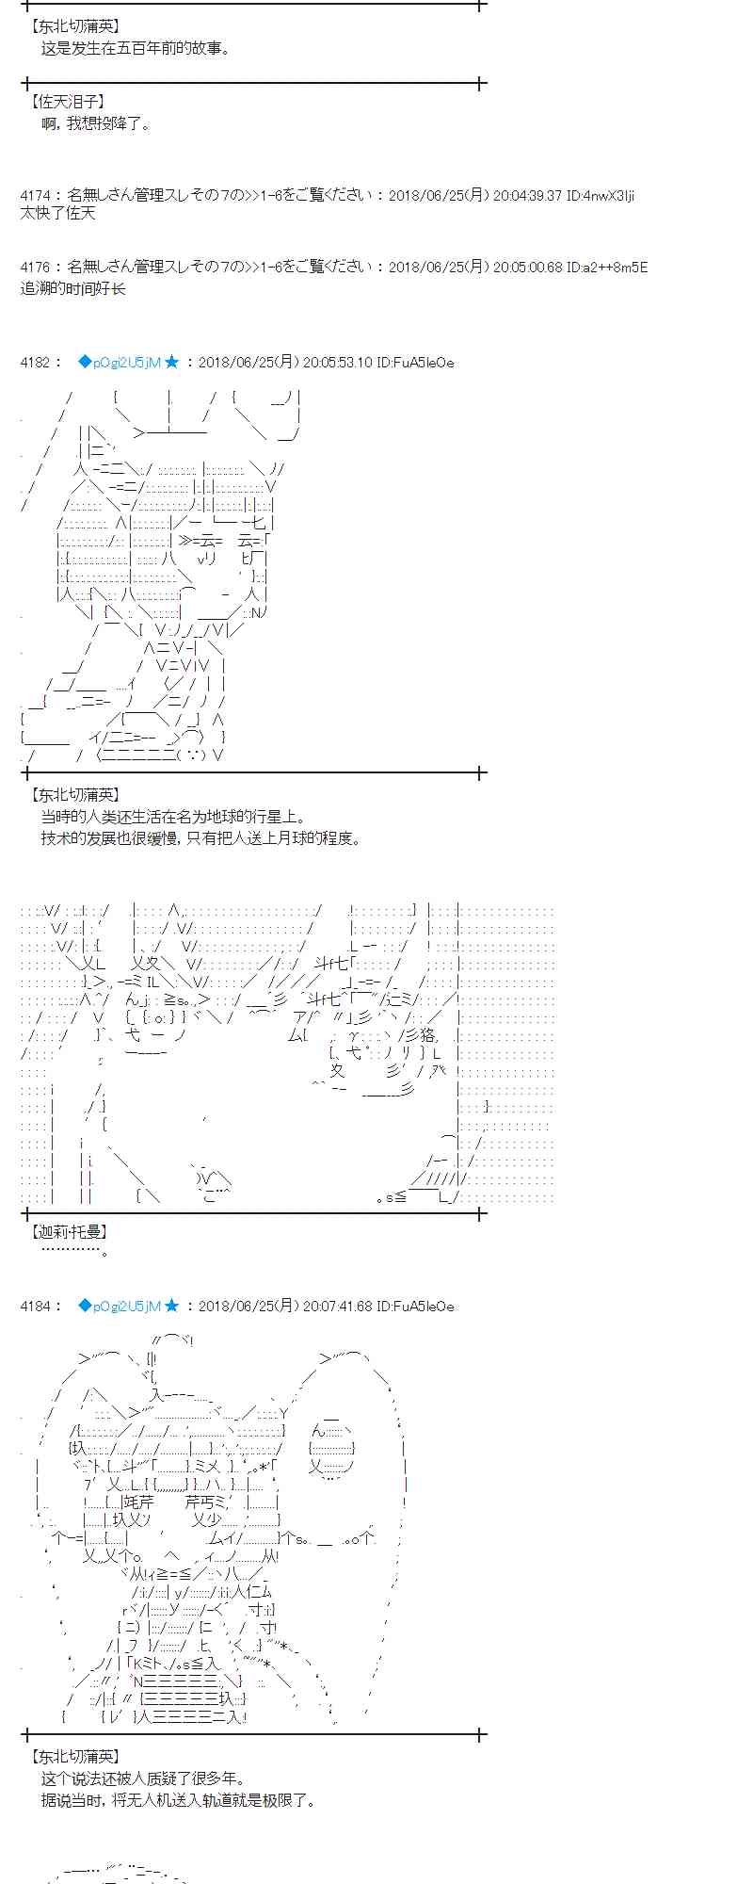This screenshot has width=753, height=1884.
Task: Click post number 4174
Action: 35,196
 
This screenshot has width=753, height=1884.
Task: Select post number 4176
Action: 35,268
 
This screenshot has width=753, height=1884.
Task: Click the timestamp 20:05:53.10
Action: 337,362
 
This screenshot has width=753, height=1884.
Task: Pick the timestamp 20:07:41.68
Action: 337,1306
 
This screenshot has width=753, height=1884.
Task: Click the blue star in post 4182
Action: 171,362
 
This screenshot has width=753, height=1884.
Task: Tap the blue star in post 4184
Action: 171,1306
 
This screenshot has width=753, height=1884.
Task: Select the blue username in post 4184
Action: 120,1306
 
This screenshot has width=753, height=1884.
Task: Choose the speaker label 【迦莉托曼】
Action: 69,1231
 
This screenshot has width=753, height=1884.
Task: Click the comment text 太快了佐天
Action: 57,214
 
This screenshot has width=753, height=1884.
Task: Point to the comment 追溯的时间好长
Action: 72,288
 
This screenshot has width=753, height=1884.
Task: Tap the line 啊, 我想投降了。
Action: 96,123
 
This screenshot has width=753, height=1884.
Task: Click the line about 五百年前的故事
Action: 136,48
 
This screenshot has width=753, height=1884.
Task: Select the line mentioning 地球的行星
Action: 173,818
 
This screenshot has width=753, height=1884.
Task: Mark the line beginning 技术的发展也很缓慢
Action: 200,837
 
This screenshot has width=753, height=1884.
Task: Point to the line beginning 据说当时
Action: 179,1800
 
